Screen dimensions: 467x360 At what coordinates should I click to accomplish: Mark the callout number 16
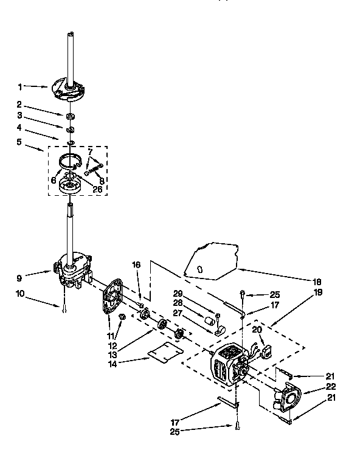point(136,265)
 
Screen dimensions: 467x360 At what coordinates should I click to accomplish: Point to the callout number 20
point(257,329)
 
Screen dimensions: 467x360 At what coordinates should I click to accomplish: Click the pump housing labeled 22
point(286,399)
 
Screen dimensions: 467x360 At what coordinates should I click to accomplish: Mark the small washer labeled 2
point(71,115)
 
